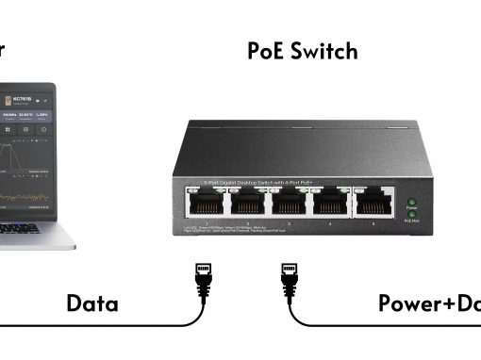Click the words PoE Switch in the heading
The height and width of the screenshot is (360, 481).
[303, 51]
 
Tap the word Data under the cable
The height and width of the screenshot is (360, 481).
[91, 303]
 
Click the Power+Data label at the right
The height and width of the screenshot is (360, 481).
[429, 303]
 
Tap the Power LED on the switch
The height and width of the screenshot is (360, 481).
[411, 203]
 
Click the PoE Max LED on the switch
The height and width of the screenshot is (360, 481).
[411, 215]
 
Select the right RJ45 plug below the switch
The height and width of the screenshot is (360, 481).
[290, 279]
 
